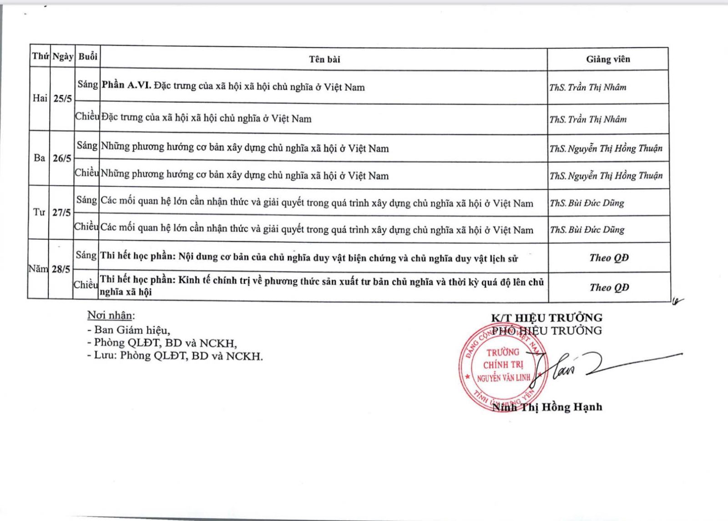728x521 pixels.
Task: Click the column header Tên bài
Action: (324, 59)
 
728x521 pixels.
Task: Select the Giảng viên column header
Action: (608, 59)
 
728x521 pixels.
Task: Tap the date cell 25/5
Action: (62, 99)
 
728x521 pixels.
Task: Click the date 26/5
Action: (62, 158)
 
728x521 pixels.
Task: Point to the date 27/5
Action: (62, 212)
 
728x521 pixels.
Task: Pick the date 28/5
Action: (61, 269)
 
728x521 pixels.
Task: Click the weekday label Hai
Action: (40, 98)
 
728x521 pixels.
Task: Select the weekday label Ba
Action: (40, 158)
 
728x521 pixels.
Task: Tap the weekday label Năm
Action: (38, 268)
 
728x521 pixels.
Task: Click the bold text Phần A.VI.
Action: (126, 86)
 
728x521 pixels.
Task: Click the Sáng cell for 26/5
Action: (87, 146)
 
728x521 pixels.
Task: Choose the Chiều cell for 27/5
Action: (86, 227)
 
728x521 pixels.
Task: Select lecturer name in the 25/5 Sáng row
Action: (587, 87)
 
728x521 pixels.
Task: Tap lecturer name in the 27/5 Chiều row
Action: (587, 230)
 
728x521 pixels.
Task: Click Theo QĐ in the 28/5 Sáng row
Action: (609, 258)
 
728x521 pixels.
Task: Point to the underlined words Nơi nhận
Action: (111, 315)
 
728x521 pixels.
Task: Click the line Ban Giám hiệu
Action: (129, 330)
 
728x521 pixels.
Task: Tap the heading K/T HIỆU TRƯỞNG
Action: (546, 318)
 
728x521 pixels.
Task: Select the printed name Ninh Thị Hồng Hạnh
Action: (547, 407)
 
